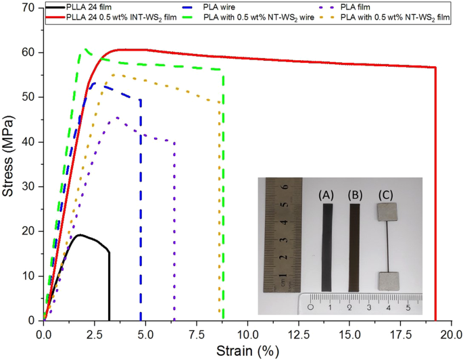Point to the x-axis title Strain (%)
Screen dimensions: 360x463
(x=247, y=351)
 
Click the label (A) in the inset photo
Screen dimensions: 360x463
(x=327, y=195)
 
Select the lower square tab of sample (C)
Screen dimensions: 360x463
(x=386, y=279)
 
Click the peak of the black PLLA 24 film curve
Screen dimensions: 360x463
(x=80, y=235)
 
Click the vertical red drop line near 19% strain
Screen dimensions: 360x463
(x=435, y=196)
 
